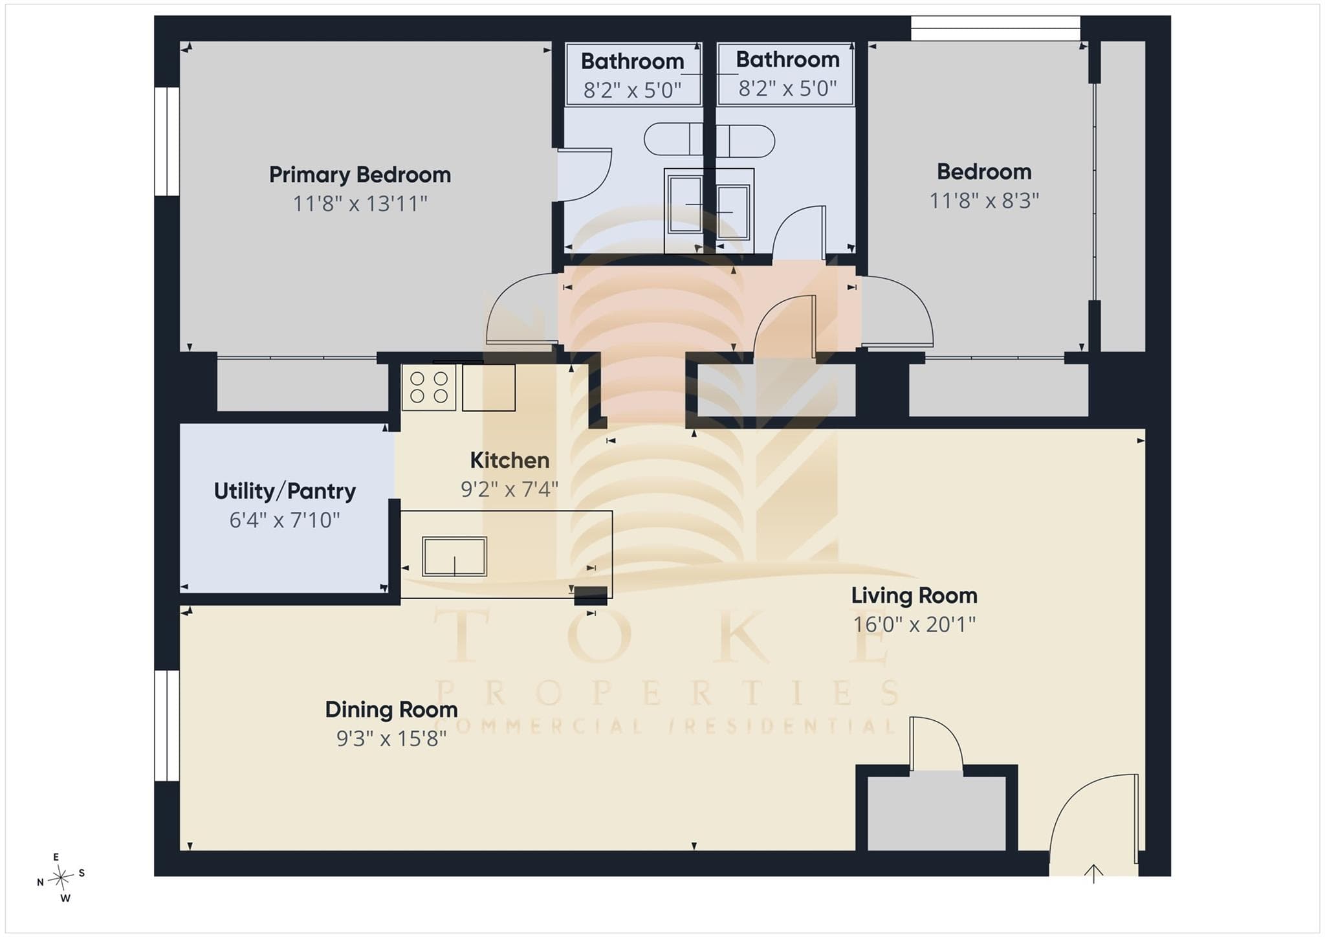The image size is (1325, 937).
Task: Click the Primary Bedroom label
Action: pyautogui.click(x=360, y=175)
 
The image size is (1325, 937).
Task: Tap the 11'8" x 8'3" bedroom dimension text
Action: pyautogui.click(x=984, y=201)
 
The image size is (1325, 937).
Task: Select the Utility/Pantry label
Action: pyautogui.click(x=285, y=491)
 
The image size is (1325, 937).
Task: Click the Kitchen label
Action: pyautogui.click(x=510, y=460)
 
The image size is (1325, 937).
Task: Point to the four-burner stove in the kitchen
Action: pyautogui.click(x=429, y=388)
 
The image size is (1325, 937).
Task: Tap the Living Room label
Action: pyautogui.click(x=914, y=595)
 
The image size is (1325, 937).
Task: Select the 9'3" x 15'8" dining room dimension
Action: pyautogui.click(x=391, y=738)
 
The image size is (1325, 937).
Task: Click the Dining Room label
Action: pyautogui.click(x=391, y=710)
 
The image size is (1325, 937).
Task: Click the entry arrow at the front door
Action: pyautogui.click(x=1093, y=874)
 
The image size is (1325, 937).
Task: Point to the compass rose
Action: pyautogui.click(x=61, y=878)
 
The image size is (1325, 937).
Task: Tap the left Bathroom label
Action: pyautogui.click(x=632, y=61)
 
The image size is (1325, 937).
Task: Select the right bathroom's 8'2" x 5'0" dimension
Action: pyautogui.click(x=787, y=88)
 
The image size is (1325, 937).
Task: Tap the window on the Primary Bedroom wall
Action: pyautogui.click(x=167, y=141)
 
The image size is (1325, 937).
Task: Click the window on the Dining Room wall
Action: pyautogui.click(x=167, y=725)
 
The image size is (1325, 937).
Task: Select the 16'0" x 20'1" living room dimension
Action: pyautogui.click(x=914, y=624)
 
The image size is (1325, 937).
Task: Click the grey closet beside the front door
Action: pyautogui.click(x=936, y=813)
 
